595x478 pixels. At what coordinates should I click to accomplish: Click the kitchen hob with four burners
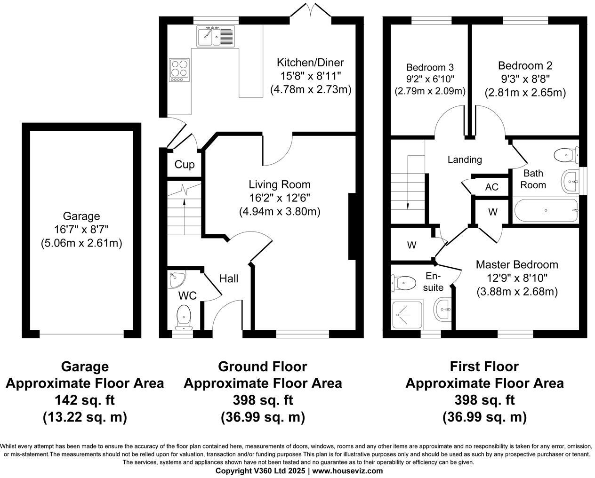pos(179,70)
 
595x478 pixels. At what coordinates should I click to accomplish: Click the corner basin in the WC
pos(176,279)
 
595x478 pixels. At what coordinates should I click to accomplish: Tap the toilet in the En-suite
pos(403,283)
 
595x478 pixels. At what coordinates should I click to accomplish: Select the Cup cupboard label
pos(184,165)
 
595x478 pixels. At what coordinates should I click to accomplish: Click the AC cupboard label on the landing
pos(491,187)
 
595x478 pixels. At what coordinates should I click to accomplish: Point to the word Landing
pos(464,159)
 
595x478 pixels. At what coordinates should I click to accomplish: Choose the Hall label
pos(228,279)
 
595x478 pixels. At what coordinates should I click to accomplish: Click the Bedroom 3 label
pos(430,67)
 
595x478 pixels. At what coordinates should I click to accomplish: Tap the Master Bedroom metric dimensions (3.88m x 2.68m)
pos(517,292)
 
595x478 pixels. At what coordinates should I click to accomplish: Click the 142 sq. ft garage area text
pos(85,400)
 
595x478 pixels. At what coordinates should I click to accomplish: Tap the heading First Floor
pos(484,366)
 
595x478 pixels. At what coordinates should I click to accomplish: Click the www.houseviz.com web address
pos(347,471)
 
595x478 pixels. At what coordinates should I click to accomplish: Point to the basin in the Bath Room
pos(570,180)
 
